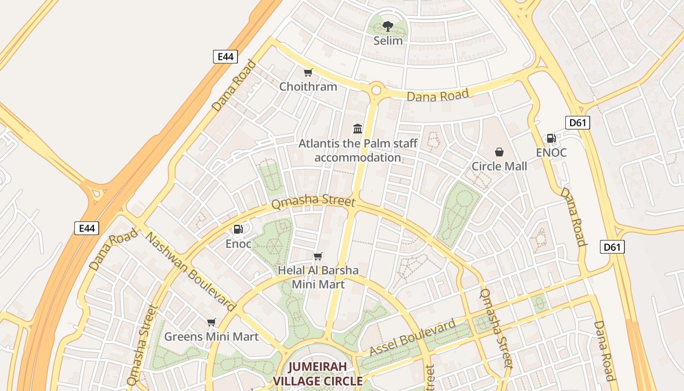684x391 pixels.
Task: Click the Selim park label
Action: [x=388, y=41]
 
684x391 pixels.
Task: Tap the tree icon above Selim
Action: [x=388, y=26]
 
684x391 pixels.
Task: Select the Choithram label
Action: [x=308, y=87]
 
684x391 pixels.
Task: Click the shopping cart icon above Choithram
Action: [x=308, y=73]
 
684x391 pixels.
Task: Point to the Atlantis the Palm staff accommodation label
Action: [x=358, y=151]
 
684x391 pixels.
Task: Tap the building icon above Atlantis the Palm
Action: [x=358, y=129]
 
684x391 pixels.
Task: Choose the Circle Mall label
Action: [x=499, y=166]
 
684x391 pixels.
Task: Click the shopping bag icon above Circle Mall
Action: [x=499, y=152]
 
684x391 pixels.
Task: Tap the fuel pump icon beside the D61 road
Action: [x=551, y=138]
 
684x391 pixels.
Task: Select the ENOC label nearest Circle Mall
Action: [x=551, y=152]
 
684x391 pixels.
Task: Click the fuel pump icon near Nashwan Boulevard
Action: [x=238, y=229]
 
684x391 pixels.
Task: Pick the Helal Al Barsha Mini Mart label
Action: [x=318, y=277]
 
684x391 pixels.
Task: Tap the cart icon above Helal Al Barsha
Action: [x=318, y=256]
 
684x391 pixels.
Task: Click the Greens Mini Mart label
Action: [x=211, y=336]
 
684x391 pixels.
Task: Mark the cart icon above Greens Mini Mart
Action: [x=211, y=322]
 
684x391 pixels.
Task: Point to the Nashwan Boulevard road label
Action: [x=191, y=272]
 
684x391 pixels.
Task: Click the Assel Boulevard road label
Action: [x=412, y=338]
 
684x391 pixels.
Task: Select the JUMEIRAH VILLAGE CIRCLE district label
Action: [x=318, y=374]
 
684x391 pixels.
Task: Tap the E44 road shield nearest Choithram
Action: [x=225, y=57]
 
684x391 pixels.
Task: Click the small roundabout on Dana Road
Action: [x=376, y=90]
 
